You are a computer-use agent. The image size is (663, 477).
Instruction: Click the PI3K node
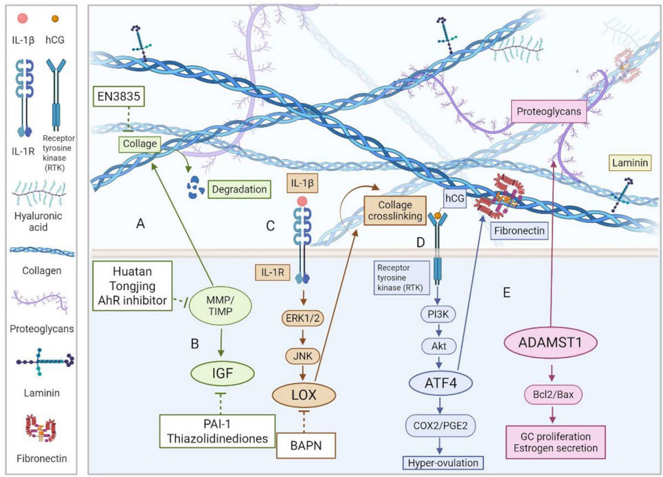point(438,314)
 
